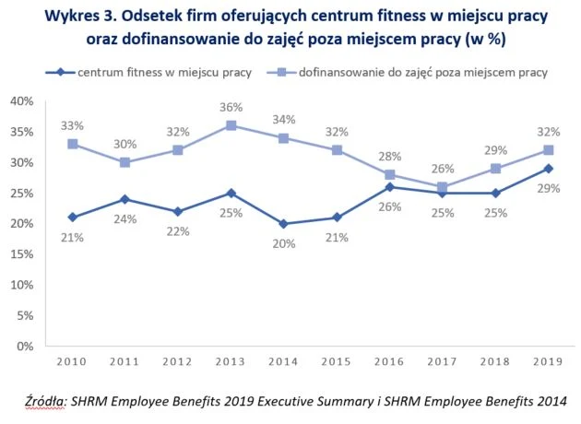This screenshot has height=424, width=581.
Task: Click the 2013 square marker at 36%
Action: click(231, 125)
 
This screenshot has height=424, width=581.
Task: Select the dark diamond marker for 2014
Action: click(283, 224)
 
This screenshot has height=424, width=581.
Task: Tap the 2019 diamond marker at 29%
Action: click(548, 169)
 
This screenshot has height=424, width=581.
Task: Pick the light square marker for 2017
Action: click(443, 187)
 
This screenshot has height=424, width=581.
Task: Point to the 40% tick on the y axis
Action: click(22, 101)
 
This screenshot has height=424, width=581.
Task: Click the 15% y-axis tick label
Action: click(22, 254)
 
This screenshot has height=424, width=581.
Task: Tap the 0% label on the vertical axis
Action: click(26, 347)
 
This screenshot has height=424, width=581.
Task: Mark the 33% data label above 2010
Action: click(73, 125)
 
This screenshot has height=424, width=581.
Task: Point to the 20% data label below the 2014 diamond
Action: click(283, 243)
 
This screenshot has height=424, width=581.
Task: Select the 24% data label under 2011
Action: click(125, 218)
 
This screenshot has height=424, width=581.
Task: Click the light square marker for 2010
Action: click(72, 144)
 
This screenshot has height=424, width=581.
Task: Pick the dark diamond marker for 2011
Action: click(125, 199)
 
